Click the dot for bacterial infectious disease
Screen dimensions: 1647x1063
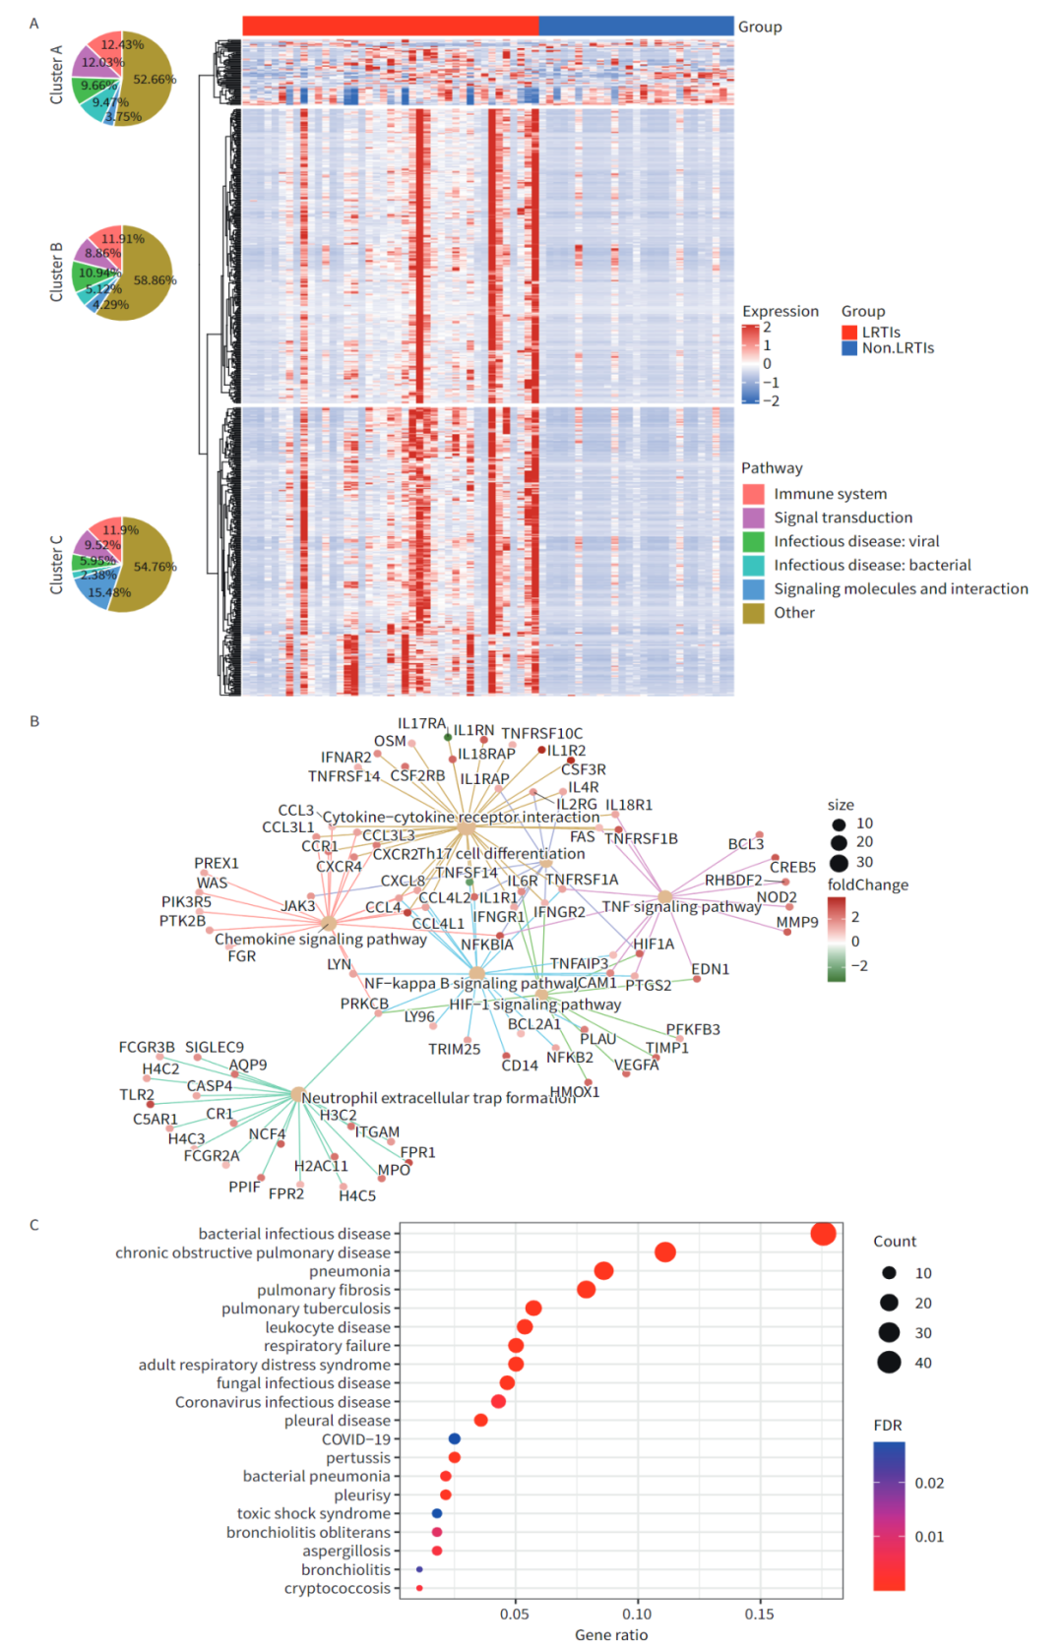(823, 1233)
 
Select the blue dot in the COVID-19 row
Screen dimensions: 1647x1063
(455, 1438)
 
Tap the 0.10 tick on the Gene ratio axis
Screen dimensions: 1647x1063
(637, 1614)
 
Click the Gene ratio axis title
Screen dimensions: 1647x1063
(611, 1634)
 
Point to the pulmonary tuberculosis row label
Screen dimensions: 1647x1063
(306, 1309)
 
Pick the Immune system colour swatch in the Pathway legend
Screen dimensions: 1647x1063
(753, 494)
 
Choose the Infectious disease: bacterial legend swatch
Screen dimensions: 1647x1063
(753, 565)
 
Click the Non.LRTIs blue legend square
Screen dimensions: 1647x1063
(849, 348)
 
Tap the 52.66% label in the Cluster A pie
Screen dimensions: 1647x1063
(154, 80)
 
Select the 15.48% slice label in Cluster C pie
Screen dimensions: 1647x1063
(108, 592)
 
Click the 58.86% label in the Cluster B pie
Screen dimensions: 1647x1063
(155, 280)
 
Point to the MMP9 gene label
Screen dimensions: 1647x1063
(797, 922)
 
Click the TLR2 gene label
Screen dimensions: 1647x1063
(137, 1094)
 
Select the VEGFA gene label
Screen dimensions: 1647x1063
(637, 1065)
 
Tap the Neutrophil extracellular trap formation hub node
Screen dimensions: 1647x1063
(296, 1094)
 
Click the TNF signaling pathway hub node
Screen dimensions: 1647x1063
(665, 896)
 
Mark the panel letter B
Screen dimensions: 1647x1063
(34, 721)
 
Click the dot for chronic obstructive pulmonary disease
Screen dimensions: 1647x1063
(665, 1251)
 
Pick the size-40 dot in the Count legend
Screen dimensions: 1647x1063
(889, 1363)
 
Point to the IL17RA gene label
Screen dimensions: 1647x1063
(421, 723)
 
